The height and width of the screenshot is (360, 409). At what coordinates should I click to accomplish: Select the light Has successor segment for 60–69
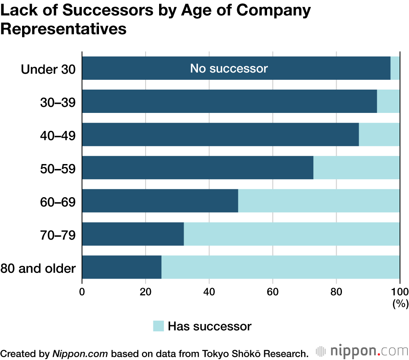(319, 201)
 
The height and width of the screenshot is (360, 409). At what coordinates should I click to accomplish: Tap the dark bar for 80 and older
(122, 267)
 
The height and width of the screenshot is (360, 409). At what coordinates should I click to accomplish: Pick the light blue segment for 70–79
(292, 234)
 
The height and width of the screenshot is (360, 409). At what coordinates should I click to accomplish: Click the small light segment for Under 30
(395, 68)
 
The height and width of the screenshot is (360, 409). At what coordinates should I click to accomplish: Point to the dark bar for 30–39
(229, 101)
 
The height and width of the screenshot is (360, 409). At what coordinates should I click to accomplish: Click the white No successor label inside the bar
(229, 68)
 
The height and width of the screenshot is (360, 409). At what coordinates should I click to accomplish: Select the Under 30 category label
(48, 69)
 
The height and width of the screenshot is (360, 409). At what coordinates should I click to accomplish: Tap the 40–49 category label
(58, 135)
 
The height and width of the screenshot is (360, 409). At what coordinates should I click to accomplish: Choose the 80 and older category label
(38, 268)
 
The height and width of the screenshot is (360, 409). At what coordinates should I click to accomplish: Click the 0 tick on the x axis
(82, 292)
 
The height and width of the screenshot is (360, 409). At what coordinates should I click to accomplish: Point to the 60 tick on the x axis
(273, 292)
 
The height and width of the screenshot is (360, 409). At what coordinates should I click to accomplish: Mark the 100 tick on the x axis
(400, 292)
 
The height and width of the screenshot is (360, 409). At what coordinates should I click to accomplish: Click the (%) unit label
(400, 304)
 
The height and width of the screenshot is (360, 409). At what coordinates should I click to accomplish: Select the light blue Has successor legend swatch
(158, 326)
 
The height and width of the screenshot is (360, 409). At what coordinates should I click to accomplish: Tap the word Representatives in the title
(63, 29)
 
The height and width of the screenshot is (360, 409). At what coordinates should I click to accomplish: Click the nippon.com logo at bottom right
(362, 351)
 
